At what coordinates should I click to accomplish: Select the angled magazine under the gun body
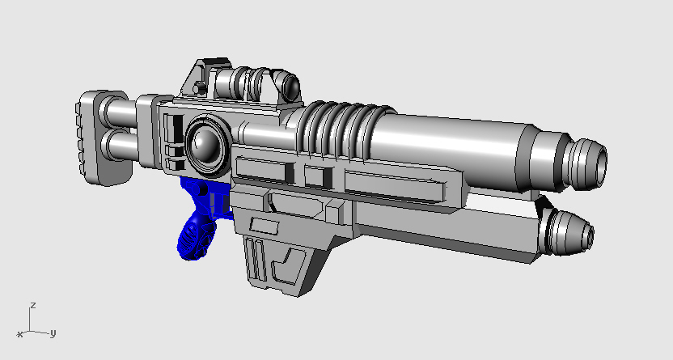283,255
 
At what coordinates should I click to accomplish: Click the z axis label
32,306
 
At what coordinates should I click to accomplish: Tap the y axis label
52,332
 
